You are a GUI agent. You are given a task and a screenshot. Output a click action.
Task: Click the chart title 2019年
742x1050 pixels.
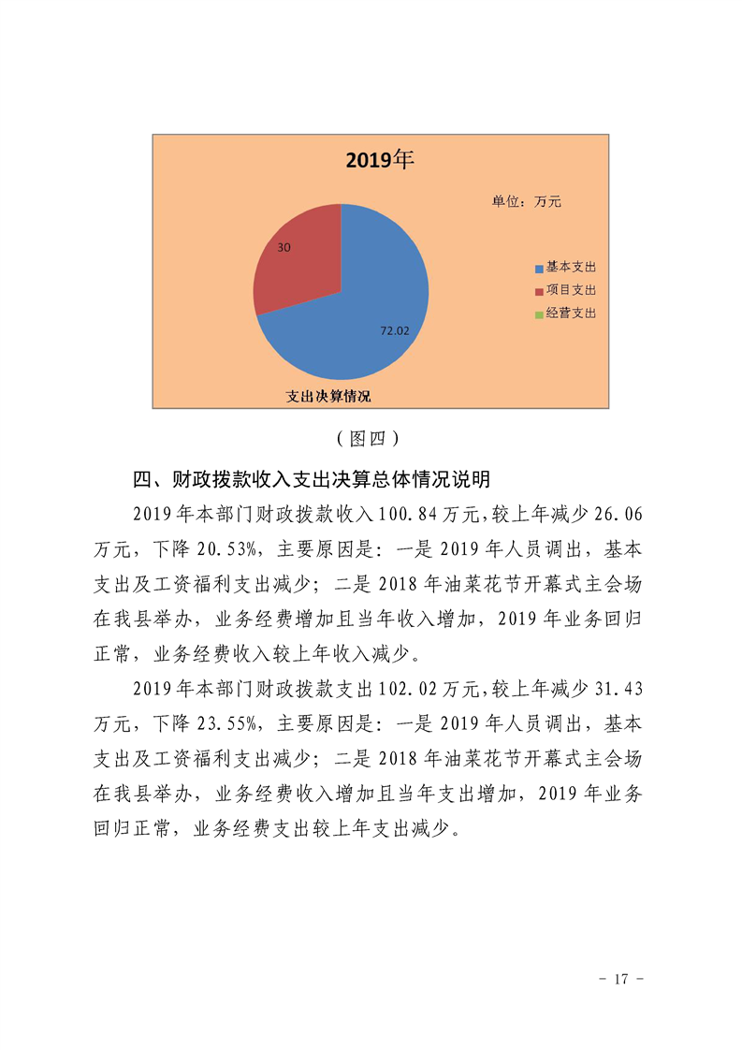[379, 160]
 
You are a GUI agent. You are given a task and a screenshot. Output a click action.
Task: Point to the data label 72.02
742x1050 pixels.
[394, 330]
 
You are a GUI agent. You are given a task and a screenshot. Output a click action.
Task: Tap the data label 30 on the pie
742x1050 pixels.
[284, 247]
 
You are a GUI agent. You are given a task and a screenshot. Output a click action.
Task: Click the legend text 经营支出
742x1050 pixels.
[571, 314]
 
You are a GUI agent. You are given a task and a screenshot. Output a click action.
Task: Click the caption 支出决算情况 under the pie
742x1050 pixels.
[328, 397]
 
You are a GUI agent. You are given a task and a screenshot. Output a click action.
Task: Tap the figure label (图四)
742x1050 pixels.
[370, 438]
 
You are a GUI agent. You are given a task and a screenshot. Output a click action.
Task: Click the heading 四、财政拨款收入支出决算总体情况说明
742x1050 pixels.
[312, 481]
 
